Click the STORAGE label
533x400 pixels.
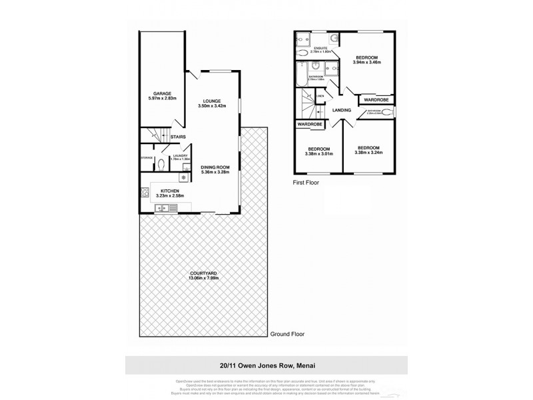tap(147, 158)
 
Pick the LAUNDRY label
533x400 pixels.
tap(180, 155)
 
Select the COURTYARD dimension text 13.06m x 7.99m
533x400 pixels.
tap(203, 278)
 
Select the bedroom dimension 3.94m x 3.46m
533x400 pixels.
tap(366, 63)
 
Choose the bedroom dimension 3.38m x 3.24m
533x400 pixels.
tap(368, 152)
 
